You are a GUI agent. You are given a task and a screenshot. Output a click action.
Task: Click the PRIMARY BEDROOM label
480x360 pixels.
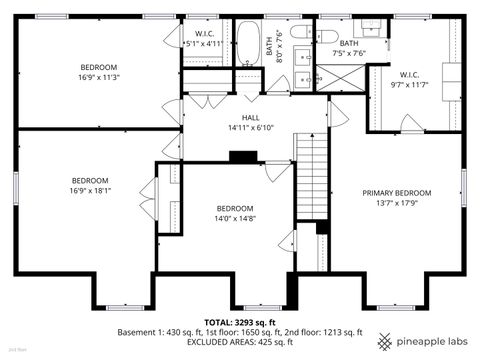click(396, 193)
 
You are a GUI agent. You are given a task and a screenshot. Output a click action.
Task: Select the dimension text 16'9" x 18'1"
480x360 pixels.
click(89, 191)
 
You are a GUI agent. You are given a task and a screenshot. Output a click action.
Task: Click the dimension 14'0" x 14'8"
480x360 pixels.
click(236, 218)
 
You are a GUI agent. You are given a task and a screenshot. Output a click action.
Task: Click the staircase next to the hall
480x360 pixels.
click(311, 180)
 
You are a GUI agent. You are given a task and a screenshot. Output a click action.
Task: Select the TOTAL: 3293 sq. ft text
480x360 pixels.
click(240, 323)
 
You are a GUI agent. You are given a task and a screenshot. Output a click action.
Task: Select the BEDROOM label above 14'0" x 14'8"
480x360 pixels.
click(236, 208)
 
